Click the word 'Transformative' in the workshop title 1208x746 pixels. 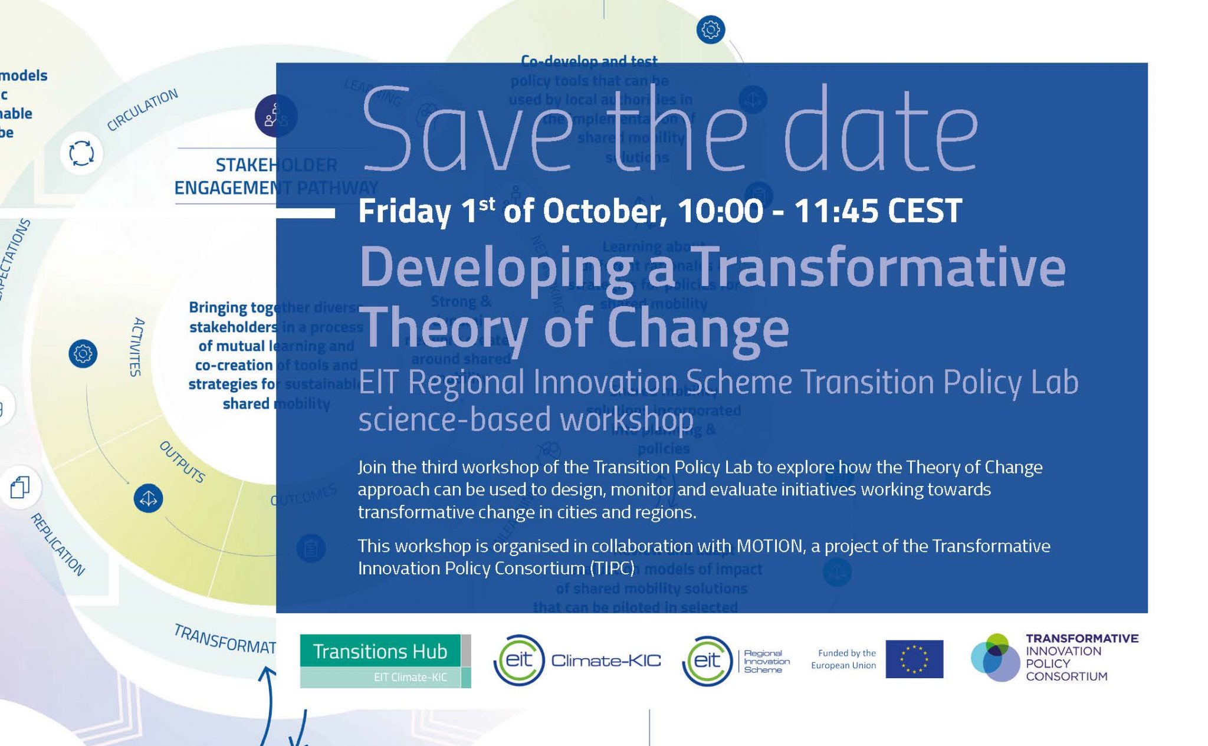[879, 268]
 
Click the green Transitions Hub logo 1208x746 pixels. [385, 660]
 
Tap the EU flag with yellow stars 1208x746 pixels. [914, 659]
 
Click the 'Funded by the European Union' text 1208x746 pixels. [843, 659]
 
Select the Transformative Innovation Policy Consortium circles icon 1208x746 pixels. [995, 658]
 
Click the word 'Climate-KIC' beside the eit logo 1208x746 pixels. [606, 660]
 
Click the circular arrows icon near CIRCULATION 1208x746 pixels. [81, 153]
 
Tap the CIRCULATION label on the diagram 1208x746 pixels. [142, 110]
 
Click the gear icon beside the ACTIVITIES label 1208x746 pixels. [83, 354]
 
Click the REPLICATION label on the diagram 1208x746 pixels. [58, 544]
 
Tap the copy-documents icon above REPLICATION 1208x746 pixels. [20, 487]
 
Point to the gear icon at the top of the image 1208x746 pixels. [710, 29]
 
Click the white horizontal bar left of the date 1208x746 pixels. [306, 213]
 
